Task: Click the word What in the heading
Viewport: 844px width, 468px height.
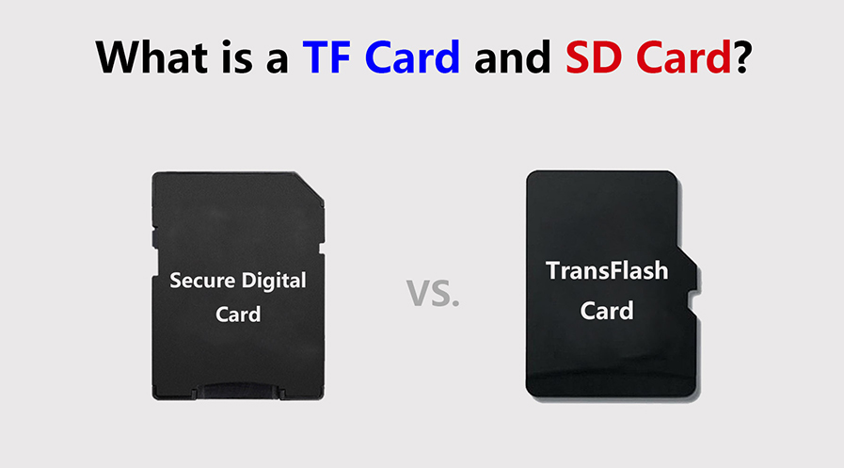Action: click(151, 57)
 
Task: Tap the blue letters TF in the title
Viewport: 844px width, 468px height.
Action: click(326, 57)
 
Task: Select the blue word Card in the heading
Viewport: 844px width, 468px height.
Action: click(412, 56)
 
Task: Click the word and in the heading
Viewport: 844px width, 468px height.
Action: click(512, 57)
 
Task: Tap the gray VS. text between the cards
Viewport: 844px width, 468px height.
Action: click(433, 293)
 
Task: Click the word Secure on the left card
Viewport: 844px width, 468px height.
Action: click(202, 281)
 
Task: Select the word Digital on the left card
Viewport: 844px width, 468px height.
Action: click(274, 281)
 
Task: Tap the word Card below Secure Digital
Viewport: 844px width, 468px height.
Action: click(238, 314)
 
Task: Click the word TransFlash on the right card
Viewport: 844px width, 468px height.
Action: click(607, 270)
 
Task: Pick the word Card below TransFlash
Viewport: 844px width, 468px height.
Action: click(607, 311)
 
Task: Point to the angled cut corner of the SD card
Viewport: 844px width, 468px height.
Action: click(311, 188)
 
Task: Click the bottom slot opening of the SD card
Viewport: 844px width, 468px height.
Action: click(238, 391)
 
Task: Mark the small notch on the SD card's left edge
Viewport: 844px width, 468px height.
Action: click(154, 237)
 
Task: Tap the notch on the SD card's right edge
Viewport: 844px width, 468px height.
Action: click(322, 249)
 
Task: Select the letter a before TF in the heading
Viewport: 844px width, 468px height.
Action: click(278, 61)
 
